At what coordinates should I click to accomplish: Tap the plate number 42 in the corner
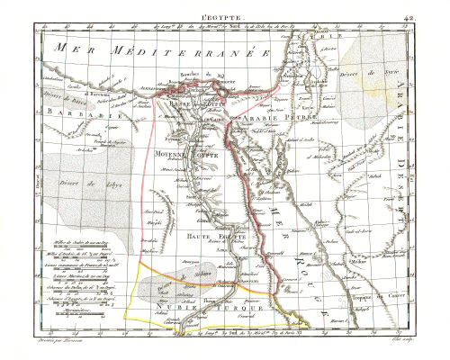[433, 5]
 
